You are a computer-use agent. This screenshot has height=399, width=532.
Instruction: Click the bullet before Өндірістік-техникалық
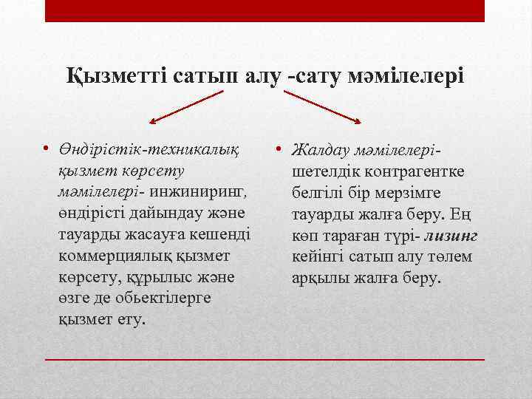tap(46, 150)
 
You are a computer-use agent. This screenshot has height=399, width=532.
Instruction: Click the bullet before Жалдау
tap(282, 150)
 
